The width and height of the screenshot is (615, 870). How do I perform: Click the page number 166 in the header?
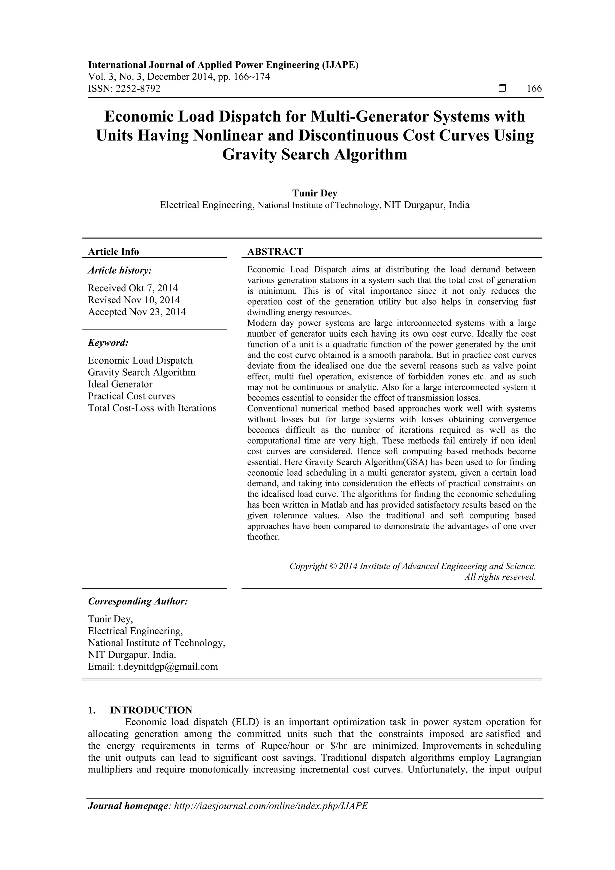[x=534, y=89]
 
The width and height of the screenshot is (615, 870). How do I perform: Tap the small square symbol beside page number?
[x=502, y=89]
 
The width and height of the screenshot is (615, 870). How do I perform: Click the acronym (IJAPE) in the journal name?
[x=340, y=65]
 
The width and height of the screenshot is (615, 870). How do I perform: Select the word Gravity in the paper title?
[x=249, y=155]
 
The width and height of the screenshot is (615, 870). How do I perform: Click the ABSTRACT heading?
[x=275, y=252]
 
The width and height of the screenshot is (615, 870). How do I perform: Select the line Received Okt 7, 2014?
[x=133, y=288]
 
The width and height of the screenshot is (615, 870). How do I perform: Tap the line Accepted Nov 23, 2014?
[x=137, y=312]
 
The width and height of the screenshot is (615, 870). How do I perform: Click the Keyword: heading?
[x=108, y=343]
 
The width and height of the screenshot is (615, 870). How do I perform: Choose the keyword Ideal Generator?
[x=120, y=384]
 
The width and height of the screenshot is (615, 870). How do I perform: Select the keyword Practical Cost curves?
[x=132, y=396]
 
